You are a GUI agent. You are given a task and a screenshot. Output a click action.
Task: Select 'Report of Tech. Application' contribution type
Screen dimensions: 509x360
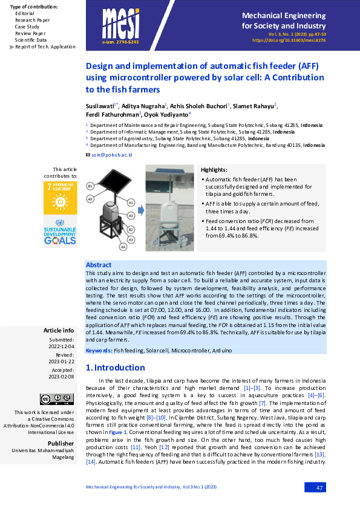tap(45, 47)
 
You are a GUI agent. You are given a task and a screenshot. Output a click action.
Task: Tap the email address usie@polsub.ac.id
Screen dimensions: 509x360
tap(111, 155)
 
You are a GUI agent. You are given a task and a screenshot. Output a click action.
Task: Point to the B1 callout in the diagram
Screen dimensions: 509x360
tap(90, 185)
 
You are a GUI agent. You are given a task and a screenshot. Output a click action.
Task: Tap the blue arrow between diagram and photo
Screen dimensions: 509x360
tap(139, 210)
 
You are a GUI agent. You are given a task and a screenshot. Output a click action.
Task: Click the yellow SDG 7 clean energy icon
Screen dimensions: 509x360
tap(60, 197)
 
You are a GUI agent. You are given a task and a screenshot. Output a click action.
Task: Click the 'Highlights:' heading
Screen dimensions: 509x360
tap(214, 170)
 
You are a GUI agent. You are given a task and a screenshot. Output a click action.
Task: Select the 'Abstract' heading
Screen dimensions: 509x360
tap(99, 265)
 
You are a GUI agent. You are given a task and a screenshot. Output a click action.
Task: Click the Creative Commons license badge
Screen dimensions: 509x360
tap(48, 399)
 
